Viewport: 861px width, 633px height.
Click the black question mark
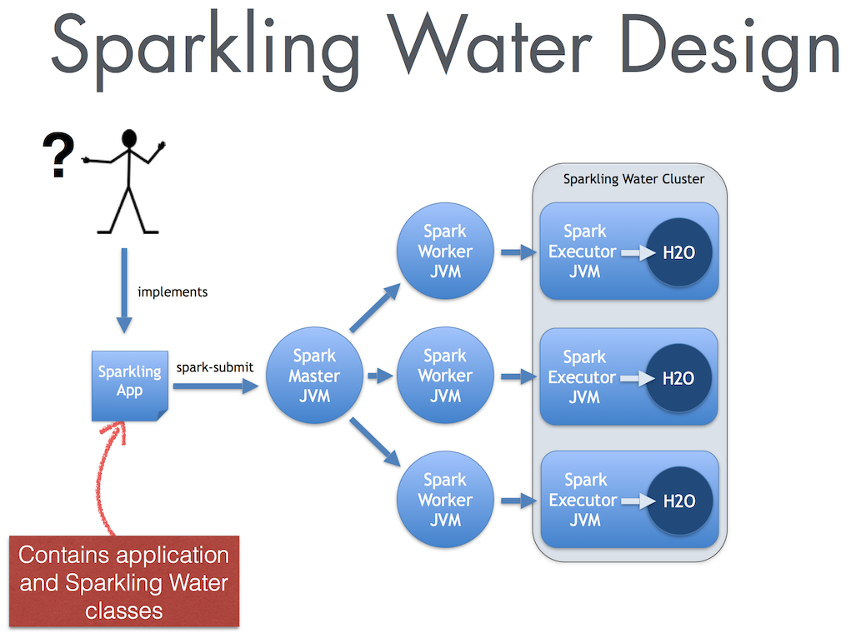[58, 157]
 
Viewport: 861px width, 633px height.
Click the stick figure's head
[129, 138]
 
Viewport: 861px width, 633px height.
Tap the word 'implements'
[173, 292]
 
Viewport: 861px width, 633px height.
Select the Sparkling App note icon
[129, 384]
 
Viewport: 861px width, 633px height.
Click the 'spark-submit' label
[215, 366]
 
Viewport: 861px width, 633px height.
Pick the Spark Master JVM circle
[314, 376]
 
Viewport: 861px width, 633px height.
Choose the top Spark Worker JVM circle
[445, 252]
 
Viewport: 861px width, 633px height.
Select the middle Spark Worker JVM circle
[445, 376]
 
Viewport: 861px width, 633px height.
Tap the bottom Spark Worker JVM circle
[445, 500]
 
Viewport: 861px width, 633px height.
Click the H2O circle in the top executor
[679, 252]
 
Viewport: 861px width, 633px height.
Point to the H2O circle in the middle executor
[679, 377]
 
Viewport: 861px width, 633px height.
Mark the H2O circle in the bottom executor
[679, 501]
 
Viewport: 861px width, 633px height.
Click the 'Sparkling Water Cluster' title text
[633, 179]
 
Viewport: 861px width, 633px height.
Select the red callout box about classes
[123, 582]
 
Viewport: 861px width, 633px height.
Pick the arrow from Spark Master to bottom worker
[373, 442]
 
